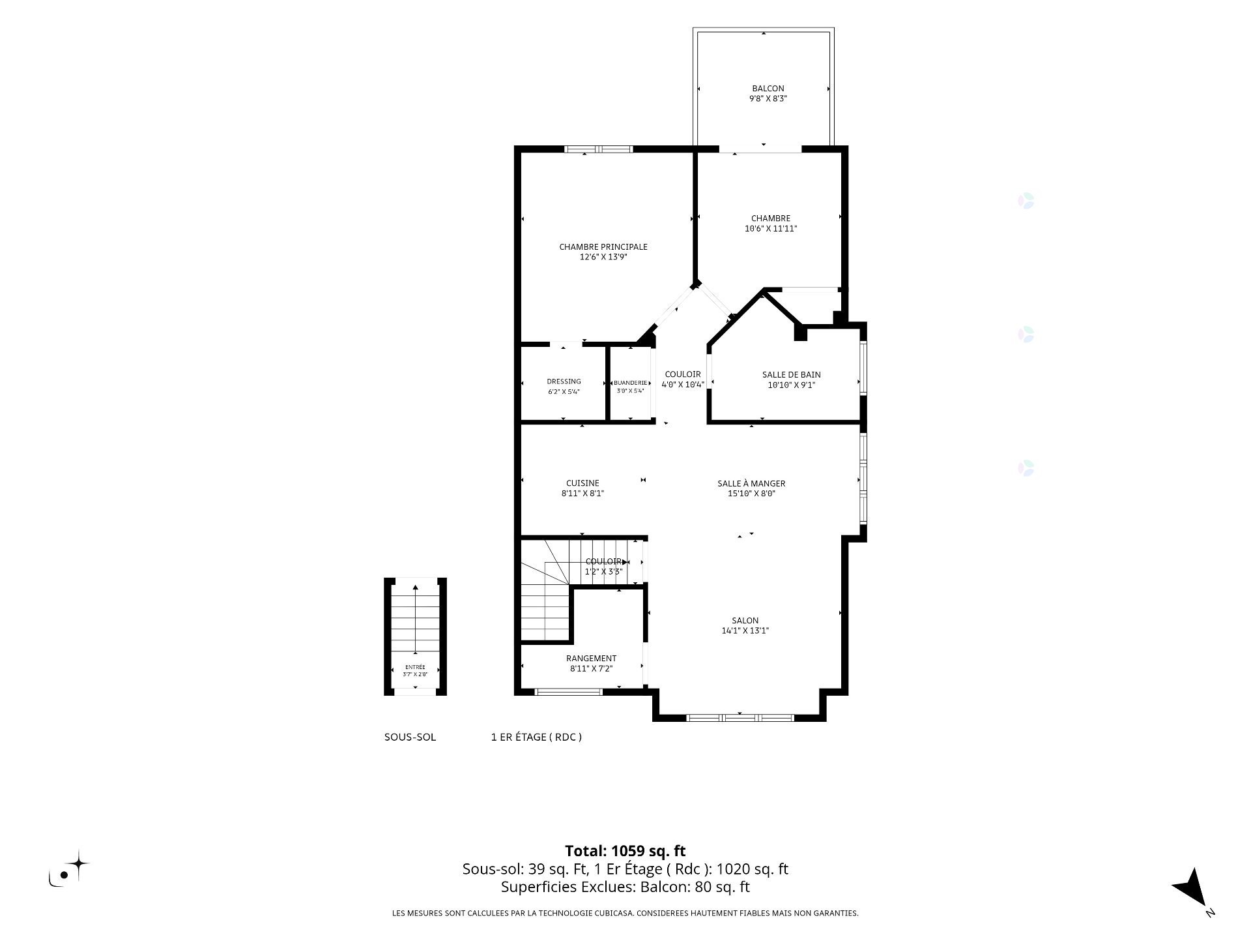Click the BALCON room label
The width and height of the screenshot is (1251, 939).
pyautogui.click(x=768, y=89)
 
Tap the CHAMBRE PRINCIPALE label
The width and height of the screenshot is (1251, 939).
pyautogui.click(x=603, y=247)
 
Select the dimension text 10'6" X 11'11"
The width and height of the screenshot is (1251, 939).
pyautogui.click(x=771, y=229)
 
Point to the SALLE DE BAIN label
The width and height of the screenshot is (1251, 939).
pyautogui.click(x=791, y=375)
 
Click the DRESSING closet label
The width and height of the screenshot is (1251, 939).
pyautogui.click(x=564, y=381)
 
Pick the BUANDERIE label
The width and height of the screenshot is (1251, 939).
pyautogui.click(x=630, y=383)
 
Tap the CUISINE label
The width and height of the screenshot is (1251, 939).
pyautogui.click(x=582, y=484)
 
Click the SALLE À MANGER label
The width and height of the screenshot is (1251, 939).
pyautogui.click(x=751, y=484)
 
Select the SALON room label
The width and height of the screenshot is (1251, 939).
pyautogui.click(x=745, y=621)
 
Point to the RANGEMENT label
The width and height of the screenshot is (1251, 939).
pyautogui.click(x=591, y=659)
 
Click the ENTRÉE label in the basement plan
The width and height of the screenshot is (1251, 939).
pyautogui.click(x=415, y=667)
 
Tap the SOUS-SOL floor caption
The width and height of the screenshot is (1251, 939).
pyautogui.click(x=410, y=738)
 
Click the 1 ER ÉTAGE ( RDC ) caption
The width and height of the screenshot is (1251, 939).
pyautogui.click(x=536, y=738)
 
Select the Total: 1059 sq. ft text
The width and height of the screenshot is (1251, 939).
pyautogui.click(x=625, y=851)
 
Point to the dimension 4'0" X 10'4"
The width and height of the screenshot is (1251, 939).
pyautogui.click(x=683, y=385)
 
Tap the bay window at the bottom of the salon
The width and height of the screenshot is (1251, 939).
pyautogui.click(x=740, y=718)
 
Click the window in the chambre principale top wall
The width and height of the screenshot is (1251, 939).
pyautogui.click(x=598, y=149)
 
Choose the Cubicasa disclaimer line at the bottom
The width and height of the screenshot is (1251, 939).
pyautogui.click(x=625, y=914)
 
